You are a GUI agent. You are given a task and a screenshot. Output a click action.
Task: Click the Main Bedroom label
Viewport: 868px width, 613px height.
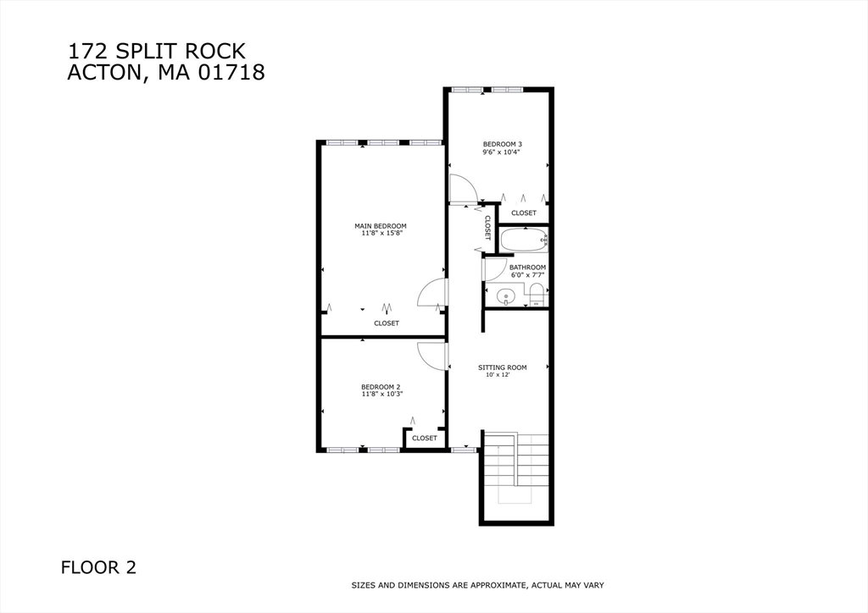coord(381,226)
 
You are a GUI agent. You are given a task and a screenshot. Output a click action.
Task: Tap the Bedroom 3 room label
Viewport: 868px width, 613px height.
coord(502,144)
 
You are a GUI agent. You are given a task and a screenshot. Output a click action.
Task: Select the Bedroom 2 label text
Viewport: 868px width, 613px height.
coord(381,387)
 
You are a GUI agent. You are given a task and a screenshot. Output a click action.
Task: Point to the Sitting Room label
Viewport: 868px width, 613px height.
coord(502,367)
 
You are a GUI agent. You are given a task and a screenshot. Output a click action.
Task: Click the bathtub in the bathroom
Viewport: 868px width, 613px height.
coord(524,240)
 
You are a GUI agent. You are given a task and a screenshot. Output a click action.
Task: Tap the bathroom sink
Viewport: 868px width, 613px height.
coord(506,297)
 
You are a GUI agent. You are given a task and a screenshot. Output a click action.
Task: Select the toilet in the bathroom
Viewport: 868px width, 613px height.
coord(536,294)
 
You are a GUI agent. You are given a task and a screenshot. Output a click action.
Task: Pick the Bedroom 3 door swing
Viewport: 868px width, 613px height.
coord(464,189)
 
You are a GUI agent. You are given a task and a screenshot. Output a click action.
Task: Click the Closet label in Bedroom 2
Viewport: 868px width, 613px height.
coord(425,438)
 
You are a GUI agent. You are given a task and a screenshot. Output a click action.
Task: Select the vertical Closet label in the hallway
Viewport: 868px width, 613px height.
coord(487,227)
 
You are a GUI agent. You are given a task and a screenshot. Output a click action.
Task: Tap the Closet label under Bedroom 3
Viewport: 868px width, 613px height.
coord(524,213)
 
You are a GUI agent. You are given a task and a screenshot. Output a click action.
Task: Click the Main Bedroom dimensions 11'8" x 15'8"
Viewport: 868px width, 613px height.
coord(381,233)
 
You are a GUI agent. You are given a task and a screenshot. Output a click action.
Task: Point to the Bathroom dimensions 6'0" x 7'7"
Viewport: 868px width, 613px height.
coord(528,274)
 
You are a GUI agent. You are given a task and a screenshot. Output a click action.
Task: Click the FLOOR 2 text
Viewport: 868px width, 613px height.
coord(98,567)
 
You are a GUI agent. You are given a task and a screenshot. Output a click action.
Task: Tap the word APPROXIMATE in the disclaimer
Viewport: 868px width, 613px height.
coord(496,585)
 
